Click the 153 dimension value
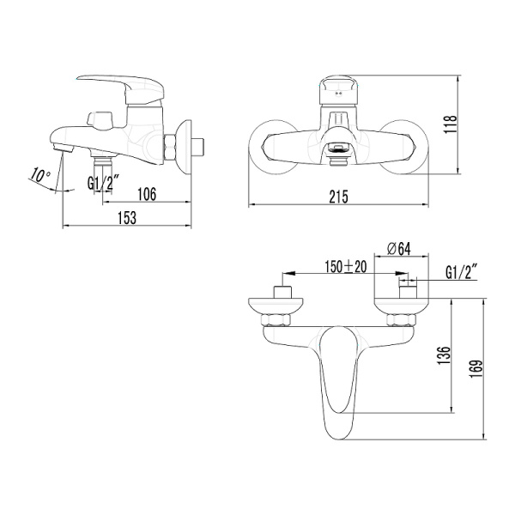[x=126, y=218]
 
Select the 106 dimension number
[x=146, y=195]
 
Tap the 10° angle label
[x=40, y=176]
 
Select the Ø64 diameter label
[x=400, y=249]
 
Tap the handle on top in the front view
[x=340, y=88]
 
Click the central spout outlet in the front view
[x=340, y=151]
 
